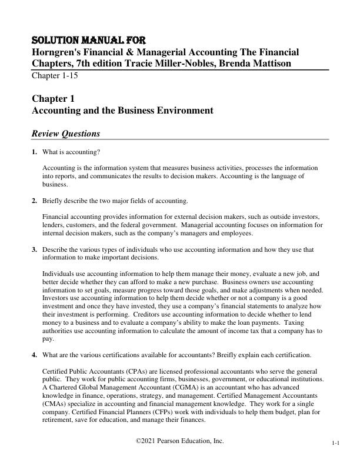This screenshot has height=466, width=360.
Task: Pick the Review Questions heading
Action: pos(66,133)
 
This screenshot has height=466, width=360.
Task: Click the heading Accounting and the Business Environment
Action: pos(122,110)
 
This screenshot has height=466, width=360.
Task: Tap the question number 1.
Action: pos(34,152)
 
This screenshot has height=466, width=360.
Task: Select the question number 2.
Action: pos(34,201)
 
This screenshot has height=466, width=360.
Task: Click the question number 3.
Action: pos(34,249)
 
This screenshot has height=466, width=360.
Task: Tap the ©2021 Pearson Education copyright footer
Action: pos(180,441)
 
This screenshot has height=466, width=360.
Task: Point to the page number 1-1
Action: pos(335,444)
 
